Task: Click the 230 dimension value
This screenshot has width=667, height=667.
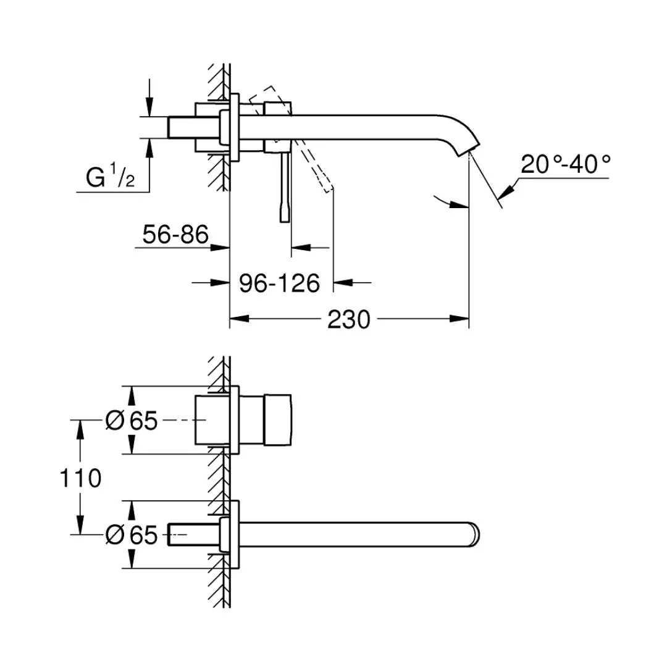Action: point(349,319)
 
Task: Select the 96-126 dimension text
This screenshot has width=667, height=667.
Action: point(280,283)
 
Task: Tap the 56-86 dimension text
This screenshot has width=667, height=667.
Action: point(176,235)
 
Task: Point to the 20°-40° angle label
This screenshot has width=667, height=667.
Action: point(565,164)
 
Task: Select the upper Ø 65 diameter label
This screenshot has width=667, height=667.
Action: point(132,421)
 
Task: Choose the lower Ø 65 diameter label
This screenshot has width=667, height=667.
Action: point(132,535)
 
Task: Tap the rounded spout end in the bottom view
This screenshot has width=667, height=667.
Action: point(476,534)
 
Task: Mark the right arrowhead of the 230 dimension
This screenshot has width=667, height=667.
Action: point(460,319)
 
